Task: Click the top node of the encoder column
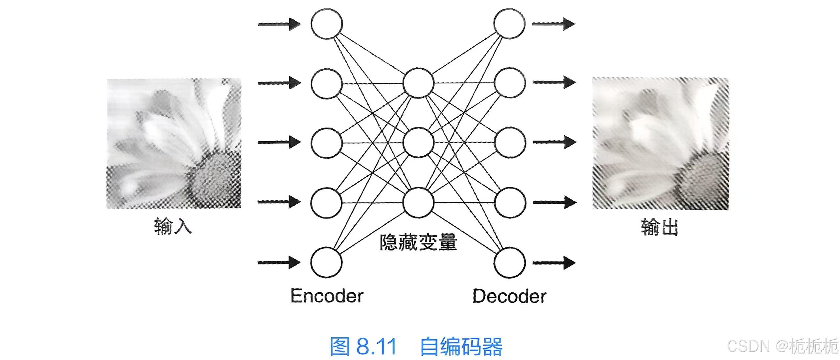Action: [326, 24]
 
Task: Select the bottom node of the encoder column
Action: [326, 262]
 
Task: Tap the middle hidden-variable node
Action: [418, 143]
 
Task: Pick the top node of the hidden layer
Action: [418, 83]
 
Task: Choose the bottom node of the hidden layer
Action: [418, 202]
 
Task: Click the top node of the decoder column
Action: [509, 24]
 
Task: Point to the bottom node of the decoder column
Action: [510, 263]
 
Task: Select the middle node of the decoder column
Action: [510, 143]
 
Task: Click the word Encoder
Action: [327, 296]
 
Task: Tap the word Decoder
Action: [509, 296]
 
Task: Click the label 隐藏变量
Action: [418, 242]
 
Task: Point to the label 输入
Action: [173, 226]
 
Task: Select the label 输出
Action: [659, 227]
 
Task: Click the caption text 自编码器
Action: [461, 347]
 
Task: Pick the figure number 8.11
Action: [376, 347]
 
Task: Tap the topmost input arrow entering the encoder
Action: [279, 24]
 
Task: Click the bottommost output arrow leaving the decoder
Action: [554, 263]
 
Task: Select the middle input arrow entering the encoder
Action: [279, 142]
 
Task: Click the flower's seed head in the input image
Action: [215, 177]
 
